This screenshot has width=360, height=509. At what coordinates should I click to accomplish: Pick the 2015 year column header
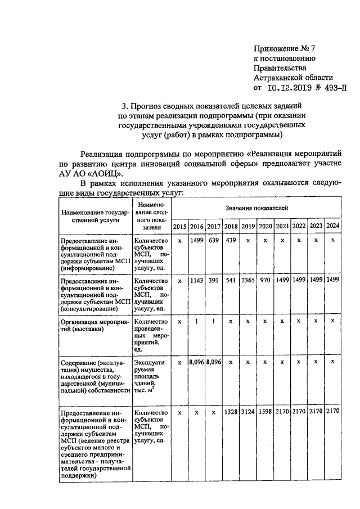click(179, 226)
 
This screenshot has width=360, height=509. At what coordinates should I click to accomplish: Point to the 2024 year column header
click(333, 226)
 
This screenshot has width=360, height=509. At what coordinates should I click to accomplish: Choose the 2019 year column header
click(248, 226)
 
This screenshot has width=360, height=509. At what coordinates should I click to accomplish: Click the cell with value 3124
click(248, 412)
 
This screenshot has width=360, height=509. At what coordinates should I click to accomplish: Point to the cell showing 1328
click(231, 412)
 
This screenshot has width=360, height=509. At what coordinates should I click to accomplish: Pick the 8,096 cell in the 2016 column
click(196, 363)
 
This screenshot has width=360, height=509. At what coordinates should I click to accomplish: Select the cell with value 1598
click(265, 412)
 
